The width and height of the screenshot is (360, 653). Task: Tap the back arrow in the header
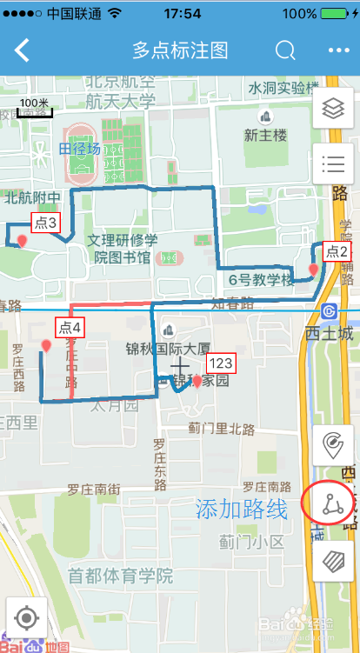click(x=22, y=50)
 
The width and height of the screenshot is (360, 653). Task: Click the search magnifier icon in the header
click(x=285, y=50)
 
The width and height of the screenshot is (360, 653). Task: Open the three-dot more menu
click(x=338, y=50)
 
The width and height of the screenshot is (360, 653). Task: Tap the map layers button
click(x=333, y=109)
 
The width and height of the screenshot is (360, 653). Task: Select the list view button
click(x=333, y=162)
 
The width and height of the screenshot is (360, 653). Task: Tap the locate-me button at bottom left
click(x=26, y=619)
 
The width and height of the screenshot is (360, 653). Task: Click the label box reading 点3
click(x=46, y=223)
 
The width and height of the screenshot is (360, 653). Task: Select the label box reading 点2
click(x=337, y=252)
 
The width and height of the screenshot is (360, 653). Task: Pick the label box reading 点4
click(x=70, y=328)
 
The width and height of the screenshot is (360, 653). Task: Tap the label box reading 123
click(x=221, y=363)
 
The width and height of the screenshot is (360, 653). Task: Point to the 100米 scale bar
click(x=34, y=108)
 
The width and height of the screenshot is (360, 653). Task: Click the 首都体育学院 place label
click(x=121, y=576)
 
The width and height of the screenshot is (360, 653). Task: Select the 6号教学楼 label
click(x=261, y=280)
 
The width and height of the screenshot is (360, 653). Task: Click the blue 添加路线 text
click(x=241, y=510)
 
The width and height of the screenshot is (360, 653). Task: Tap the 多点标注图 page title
click(x=180, y=50)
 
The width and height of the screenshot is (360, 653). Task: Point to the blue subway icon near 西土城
click(x=330, y=311)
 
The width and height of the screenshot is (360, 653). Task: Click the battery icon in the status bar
click(x=334, y=14)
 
